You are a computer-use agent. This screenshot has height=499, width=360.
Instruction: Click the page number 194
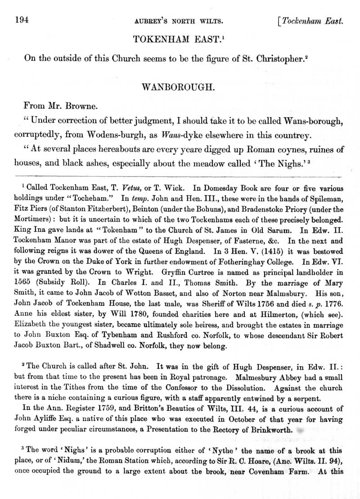click(x=22, y=20)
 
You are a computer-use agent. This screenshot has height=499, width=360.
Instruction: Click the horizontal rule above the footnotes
click(x=180, y=175)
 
